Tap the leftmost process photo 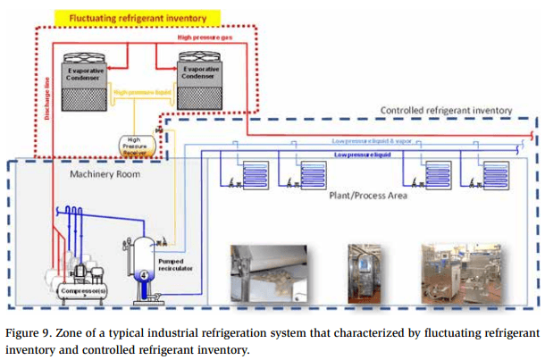pos(264,272)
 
